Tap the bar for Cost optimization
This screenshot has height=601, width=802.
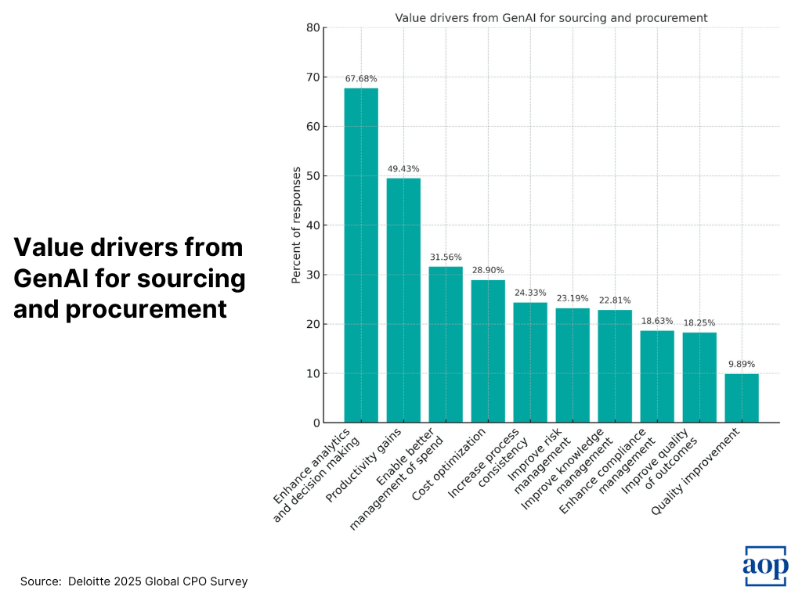488,351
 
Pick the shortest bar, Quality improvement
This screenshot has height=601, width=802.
742,398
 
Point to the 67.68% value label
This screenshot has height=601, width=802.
361,79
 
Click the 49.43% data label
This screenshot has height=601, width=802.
403,169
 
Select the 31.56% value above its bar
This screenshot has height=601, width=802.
446,257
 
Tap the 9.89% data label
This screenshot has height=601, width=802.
742,365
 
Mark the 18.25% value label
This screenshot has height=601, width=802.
699,323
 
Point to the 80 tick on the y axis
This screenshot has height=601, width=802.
313,28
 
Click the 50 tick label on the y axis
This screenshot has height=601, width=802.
313,176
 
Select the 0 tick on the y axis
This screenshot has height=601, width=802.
316,423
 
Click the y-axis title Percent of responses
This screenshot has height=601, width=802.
296,225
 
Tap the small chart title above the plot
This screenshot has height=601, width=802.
551,17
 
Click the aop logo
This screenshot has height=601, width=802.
765,566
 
